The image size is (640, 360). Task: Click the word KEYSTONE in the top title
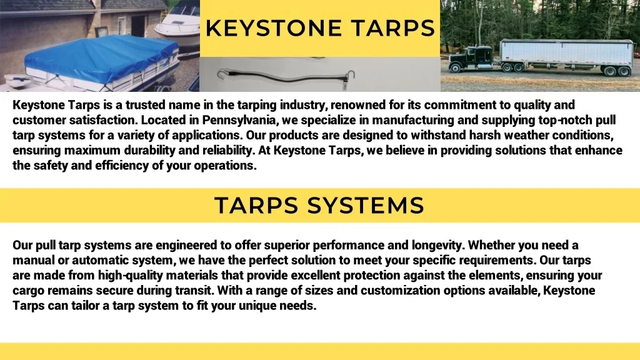coord(274,28)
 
